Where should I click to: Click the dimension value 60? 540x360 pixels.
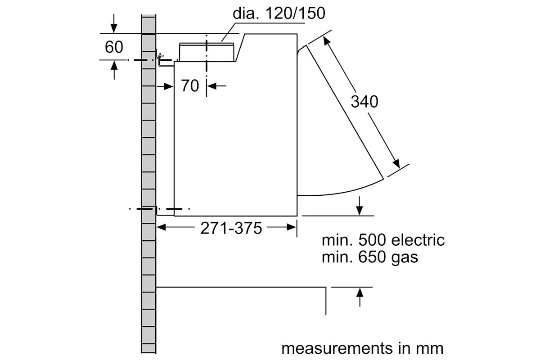tap(114, 47)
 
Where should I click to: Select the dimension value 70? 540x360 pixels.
tap(190, 85)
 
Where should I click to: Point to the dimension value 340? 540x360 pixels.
tap(364, 102)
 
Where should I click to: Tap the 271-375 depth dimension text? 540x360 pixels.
tap(231, 228)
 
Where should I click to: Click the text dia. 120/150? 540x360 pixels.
tap(279, 13)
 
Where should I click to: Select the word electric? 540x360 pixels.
tap(418, 240)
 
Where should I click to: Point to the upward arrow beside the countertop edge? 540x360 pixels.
tap(360, 294)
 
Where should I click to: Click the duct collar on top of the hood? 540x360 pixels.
tap(207, 51)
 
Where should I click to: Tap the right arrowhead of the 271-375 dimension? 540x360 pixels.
tap(292, 228)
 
